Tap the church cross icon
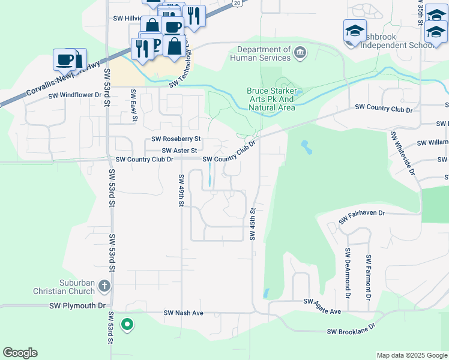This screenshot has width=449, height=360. [x=104, y=286]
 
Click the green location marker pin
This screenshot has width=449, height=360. [x=127, y=325]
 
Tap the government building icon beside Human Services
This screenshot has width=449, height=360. [x=301, y=54]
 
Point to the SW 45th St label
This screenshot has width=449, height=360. [x=253, y=224]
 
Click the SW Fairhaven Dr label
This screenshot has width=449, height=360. [x=361, y=217]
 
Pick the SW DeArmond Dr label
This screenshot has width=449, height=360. [x=348, y=274]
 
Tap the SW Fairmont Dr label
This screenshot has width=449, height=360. [x=368, y=276]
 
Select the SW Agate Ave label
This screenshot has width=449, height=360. [x=322, y=306]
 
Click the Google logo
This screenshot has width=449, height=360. [x=20, y=353]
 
